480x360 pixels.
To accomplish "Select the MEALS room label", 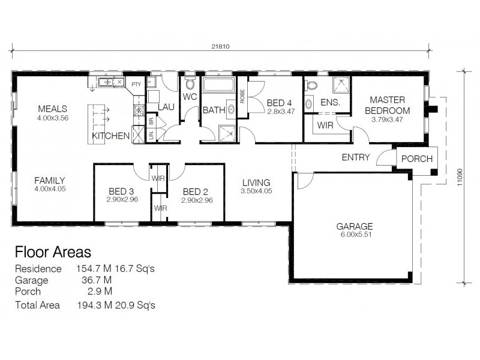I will [x=52, y=109].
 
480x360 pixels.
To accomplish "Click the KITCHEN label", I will [x=110, y=136].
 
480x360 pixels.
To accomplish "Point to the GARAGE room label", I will [x=354, y=226].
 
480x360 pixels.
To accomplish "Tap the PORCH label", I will [x=417, y=159].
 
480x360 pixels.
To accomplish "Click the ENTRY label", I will [x=355, y=158].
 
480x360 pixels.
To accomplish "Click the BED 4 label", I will [x=280, y=103].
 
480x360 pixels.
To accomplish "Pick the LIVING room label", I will [x=256, y=182].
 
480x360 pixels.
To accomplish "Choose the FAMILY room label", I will [x=49, y=180].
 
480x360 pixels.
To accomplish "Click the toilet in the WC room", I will [x=190, y=83].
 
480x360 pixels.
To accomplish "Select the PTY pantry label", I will [x=136, y=85].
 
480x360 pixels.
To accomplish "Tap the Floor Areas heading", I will [x=53, y=251].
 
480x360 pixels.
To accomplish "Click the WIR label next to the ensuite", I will [x=325, y=126].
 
